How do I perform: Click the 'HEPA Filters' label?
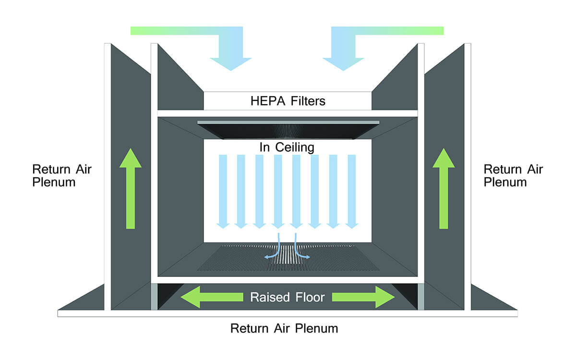288,101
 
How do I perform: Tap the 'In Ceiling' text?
287,147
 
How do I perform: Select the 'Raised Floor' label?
287,298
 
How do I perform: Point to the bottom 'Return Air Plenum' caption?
284,329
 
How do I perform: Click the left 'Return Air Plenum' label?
61,176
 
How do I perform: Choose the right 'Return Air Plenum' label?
513,176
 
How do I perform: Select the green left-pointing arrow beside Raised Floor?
211,298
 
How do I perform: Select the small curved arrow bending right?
300,250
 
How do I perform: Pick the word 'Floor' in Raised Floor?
309,298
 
